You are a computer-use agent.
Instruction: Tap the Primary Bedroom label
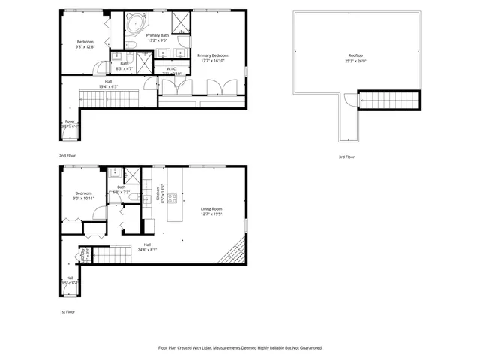pyautogui.click(x=212, y=55)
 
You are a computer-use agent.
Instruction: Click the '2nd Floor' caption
pyautogui.click(x=67, y=155)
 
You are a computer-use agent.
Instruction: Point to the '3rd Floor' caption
pyautogui.click(x=346, y=157)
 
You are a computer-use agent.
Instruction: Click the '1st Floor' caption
pyautogui.click(x=67, y=311)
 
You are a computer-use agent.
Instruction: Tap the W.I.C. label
pyautogui.click(x=172, y=68)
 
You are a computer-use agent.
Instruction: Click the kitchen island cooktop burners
pyautogui.click(x=172, y=199)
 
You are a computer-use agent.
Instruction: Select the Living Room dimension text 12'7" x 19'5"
pyautogui.click(x=213, y=214)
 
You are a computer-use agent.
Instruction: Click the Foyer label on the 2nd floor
pyautogui.click(x=69, y=121)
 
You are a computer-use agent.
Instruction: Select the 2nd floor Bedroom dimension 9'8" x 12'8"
pyautogui.click(x=85, y=46)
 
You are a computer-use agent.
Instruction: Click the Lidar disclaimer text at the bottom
pyautogui.click(x=239, y=348)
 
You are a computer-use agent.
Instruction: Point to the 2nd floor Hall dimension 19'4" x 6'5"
pyautogui.click(x=108, y=87)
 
